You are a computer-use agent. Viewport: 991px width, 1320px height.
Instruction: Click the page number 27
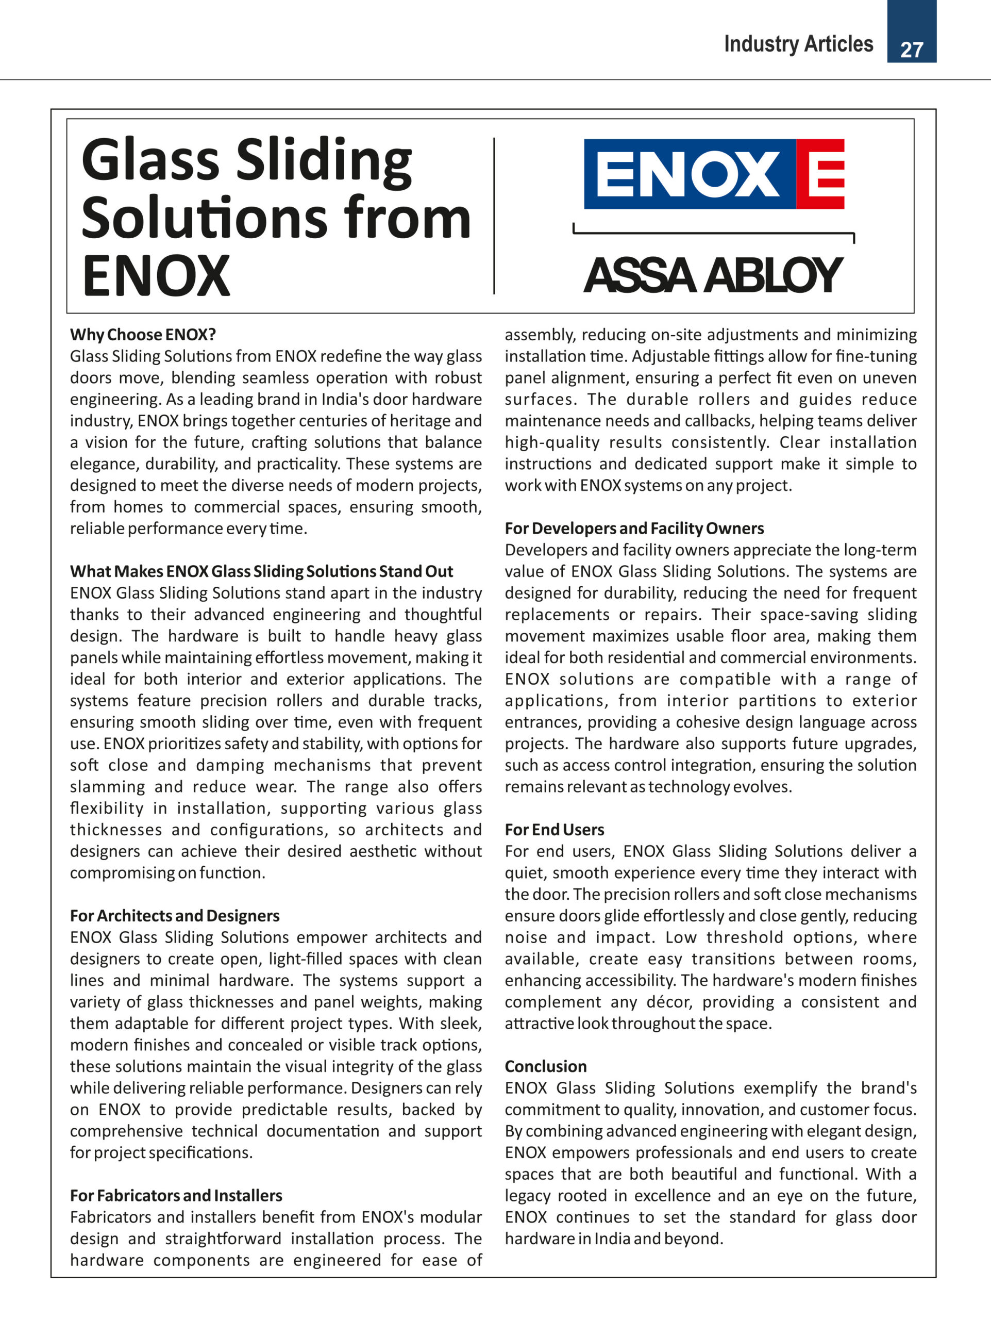pos(911,49)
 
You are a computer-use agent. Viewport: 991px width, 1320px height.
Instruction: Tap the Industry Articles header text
pos(798,44)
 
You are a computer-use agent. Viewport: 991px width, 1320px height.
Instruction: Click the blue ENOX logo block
pos(688,174)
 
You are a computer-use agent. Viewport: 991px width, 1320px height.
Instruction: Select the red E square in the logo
pos(821,174)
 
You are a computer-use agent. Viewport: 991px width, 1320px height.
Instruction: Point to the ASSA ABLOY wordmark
pos(712,276)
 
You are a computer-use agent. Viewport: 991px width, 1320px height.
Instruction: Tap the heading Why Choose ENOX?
pos(143,335)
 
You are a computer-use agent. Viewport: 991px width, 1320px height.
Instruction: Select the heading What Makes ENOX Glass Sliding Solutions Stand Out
pos(261,572)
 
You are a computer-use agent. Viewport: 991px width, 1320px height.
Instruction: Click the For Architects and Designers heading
pos(174,916)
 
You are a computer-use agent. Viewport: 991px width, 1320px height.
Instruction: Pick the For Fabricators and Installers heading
pos(176,1196)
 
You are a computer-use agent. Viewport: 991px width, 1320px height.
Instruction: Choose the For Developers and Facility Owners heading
pos(634,529)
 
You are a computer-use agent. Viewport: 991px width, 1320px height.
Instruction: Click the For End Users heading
pos(554,830)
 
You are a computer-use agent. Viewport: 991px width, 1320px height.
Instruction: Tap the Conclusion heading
pos(546,1066)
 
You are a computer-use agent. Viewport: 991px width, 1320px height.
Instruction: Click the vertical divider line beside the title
pos(494,216)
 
